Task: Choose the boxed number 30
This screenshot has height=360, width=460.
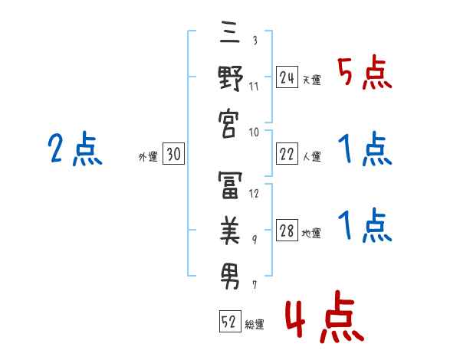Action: [x=173, y=155]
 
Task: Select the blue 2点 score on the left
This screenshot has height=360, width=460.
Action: [x=74, y=149]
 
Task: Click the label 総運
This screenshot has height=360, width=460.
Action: [x=255, y=325]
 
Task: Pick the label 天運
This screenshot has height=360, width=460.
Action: [x=312, y=80]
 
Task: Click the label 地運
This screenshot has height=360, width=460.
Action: [x=312, y=234]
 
